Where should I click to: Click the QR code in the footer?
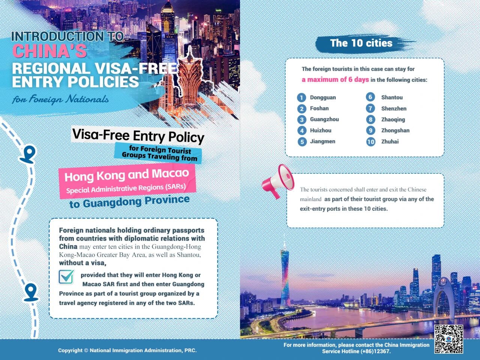[448, 339]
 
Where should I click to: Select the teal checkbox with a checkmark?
[66, 276]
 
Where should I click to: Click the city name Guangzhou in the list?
[324, 119]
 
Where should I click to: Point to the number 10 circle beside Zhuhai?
[370, 142]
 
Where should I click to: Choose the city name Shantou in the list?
[392, 97]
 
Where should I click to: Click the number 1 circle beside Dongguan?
[301, 98]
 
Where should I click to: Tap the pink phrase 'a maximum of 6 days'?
[335, 79]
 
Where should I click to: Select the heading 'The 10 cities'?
[361, 43]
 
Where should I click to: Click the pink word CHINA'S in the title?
[49, 51]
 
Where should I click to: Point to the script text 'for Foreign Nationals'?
[60, 99]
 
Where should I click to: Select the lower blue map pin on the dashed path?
[31, 292]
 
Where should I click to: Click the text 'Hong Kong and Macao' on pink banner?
[127, 175]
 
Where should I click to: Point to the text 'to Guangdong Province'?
[129, 202]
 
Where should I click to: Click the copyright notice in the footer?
[127, 350]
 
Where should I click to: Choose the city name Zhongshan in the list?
[395, 130]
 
